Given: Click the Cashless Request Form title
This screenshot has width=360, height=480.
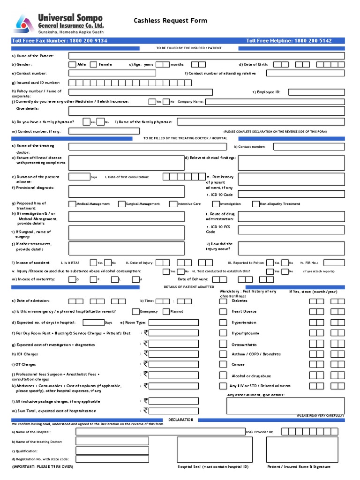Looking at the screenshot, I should click(170, 21).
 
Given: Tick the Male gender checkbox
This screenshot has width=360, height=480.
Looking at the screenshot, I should click(72, 65).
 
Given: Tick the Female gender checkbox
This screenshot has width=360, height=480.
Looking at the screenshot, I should click(94, 65).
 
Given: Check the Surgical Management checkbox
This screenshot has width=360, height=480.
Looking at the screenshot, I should click(122, 204).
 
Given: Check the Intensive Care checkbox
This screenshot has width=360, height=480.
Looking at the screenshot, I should click(173, 204).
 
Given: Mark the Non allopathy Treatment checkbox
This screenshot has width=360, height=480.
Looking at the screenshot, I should click(256, 204).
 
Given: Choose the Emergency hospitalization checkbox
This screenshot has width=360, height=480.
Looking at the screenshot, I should click(135, 311).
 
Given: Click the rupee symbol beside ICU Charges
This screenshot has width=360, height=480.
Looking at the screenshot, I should click(146, 353).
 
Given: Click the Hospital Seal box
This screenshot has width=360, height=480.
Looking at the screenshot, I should click(213, 450).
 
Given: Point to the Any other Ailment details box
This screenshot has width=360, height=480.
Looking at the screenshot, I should click(285, 405).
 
